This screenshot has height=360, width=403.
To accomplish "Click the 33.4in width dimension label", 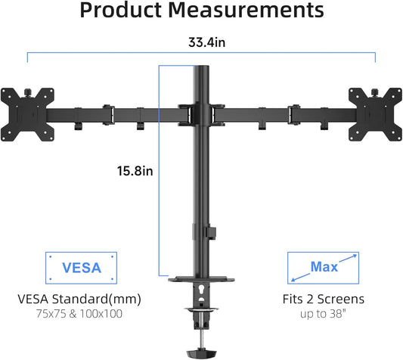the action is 207,42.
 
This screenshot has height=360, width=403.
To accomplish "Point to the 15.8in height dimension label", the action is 135,171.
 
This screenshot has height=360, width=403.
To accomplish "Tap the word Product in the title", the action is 120,10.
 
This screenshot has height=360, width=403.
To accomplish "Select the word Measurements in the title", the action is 246,10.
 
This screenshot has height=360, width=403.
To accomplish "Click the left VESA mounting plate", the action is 27,114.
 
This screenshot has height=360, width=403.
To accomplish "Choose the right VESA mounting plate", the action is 375,114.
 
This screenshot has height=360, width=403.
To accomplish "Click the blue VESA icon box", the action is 81,268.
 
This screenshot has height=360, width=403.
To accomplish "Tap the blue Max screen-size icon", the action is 323,268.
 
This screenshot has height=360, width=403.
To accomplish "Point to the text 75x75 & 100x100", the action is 79,314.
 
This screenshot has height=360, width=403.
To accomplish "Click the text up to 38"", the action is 323,314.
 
